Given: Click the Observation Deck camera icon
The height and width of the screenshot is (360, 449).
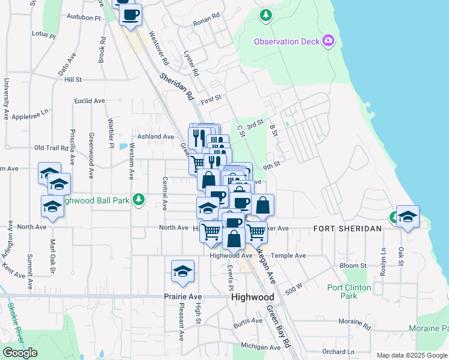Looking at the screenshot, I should click(328, 41).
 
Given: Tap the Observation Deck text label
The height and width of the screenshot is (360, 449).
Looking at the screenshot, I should click(288, 41).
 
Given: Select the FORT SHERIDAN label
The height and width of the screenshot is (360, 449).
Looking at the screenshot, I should click(347, 229).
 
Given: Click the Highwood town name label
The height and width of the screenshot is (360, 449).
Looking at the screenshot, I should click(253, 297).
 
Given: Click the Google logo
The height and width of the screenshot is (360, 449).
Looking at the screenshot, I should click(20, 352).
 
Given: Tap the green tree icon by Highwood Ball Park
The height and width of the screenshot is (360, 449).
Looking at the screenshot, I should click(139, 199).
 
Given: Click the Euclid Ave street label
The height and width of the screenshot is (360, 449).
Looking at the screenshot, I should click(89, 101).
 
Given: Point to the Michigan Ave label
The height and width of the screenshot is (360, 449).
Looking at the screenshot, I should click(261, 347).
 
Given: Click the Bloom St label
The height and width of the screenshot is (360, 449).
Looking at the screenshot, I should click(353, 265).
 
